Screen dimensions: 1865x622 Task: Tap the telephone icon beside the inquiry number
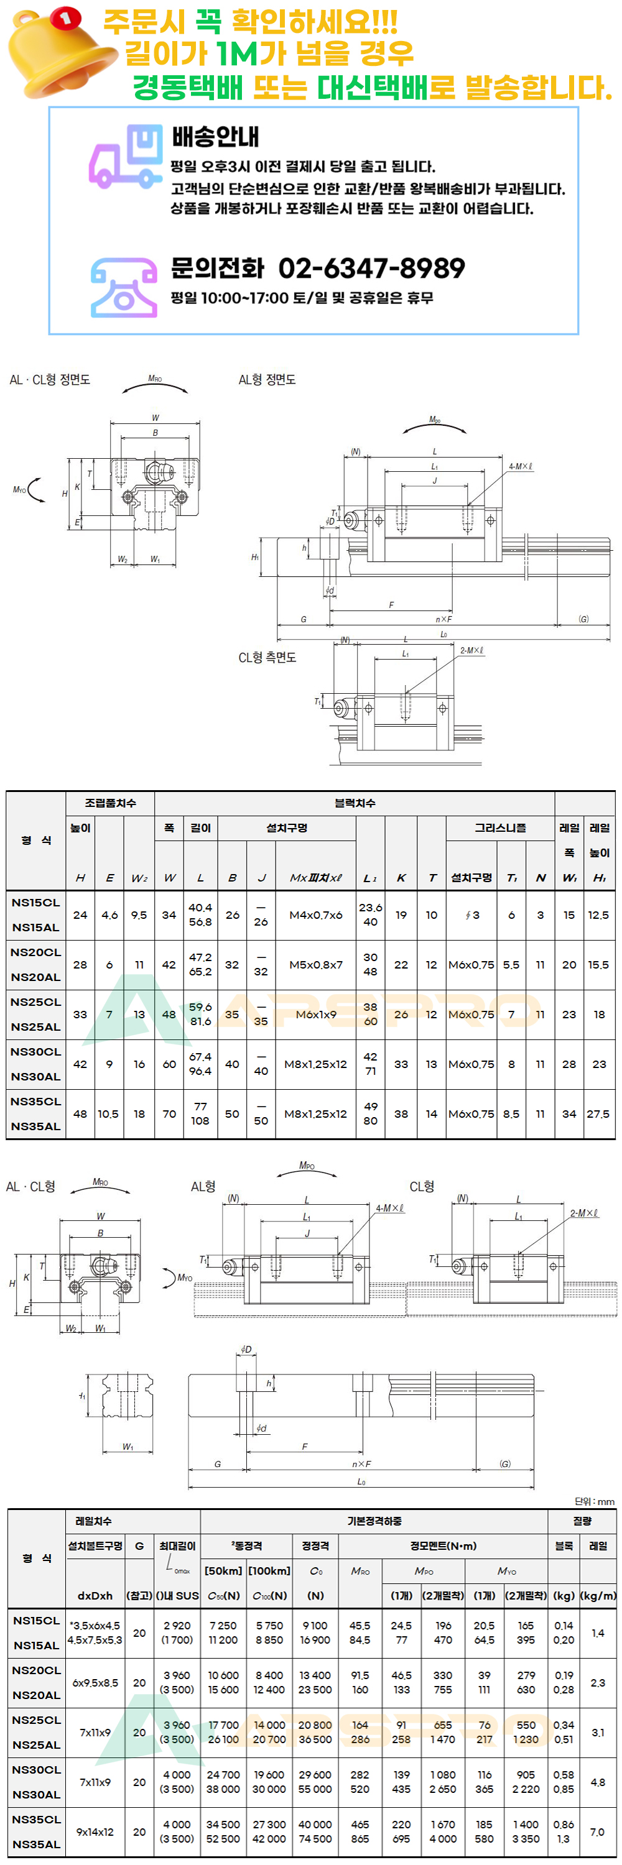(124, 287)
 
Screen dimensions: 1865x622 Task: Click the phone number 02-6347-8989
(371, 268)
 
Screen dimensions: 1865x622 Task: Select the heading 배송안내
(215, 136)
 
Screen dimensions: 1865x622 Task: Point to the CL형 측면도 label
(267, 657)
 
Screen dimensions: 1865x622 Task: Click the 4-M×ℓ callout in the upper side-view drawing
(520, 467)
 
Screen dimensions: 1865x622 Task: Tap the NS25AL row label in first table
(35, 1026)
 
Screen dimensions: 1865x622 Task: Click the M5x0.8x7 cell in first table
(316, 964)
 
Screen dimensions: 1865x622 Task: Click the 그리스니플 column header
(499, 827)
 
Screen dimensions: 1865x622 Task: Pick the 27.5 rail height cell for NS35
(598, 1113)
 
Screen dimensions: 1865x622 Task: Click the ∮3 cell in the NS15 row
(471, 915)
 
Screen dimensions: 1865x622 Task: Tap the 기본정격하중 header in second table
(374, 1521)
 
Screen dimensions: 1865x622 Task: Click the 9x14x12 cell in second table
(95, 1831)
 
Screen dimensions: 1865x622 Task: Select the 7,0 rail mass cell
(596, 1831)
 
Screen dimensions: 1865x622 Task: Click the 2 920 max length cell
(177, 1626)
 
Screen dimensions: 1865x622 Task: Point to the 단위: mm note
(595, 1501)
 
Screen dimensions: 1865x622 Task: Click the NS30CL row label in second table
(35, 1769)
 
